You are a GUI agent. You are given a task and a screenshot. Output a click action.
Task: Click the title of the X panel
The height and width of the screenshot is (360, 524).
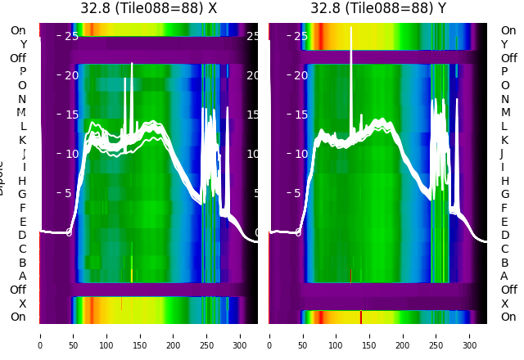pyautogui.click(x=148, y=8)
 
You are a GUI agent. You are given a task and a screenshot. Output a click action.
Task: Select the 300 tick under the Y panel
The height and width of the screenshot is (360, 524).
pyautogui.click(x=470, y=335)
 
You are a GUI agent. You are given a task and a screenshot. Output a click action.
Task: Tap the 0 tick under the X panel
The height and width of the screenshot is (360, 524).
pyautogui.click(x=40, y=335)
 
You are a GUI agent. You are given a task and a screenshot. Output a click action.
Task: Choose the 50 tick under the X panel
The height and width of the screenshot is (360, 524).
pyautogui.click(x=74, y=335)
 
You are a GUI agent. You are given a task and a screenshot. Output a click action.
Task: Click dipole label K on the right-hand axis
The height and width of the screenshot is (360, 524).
pyautogui.click(x=504, y=140)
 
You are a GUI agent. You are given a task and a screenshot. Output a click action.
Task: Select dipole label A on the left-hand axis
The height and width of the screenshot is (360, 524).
pyautogui.click(x=22, y=276)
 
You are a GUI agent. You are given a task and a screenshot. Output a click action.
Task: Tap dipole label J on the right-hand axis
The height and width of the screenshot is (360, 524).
pyautogui.click(x=502, y=153)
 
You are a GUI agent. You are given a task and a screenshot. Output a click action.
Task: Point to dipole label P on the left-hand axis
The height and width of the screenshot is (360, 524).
pyautogui.click(x=22, y=72)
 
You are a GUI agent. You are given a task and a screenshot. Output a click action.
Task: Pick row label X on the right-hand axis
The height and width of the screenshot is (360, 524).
pyautogui.click(x=504, y=304)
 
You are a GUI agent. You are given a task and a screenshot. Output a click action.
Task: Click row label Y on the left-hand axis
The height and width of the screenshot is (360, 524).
pyautogui.click(x=23, y=44)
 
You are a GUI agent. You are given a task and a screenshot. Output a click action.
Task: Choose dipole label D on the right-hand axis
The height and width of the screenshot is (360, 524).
pyautogui.click(x=504, y=235)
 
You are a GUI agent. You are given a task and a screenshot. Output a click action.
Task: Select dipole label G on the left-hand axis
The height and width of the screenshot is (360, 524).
pyautogui.click(x=22, y=194)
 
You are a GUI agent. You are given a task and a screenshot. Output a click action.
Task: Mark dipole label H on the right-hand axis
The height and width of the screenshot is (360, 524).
pyautogui.click(x=504, y=181)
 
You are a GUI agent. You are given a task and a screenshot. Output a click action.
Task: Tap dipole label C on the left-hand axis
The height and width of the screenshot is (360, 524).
pyautogui.click(x=22, y=249)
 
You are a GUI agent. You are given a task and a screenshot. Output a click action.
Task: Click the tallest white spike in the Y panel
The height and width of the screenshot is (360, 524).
pyautogui.click(x=351, y=33)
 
